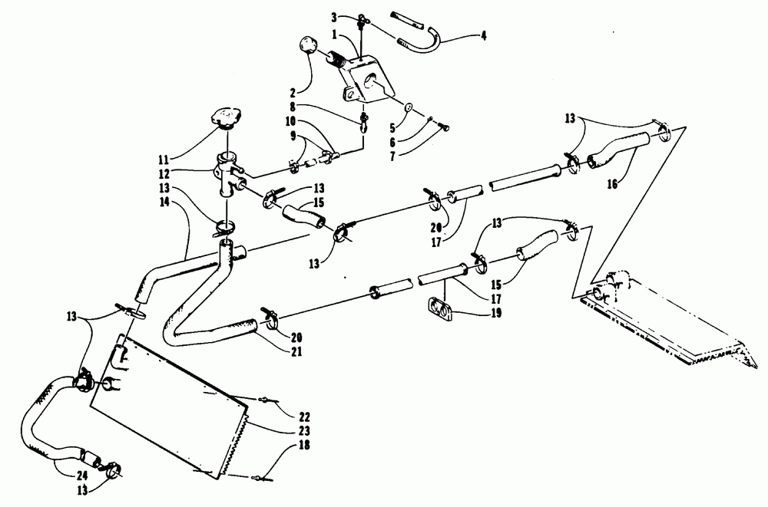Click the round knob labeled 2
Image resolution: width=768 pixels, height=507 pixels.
pos(308,47)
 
